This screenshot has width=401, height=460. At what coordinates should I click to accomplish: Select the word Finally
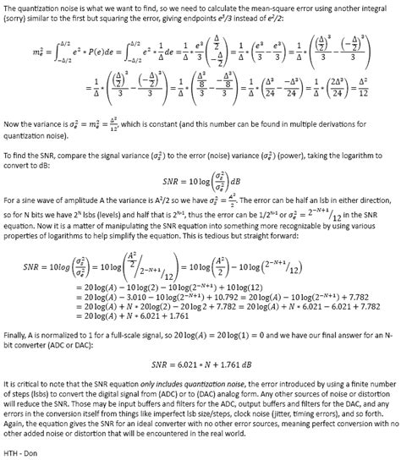pyautogui.click(x=16, y=335)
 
